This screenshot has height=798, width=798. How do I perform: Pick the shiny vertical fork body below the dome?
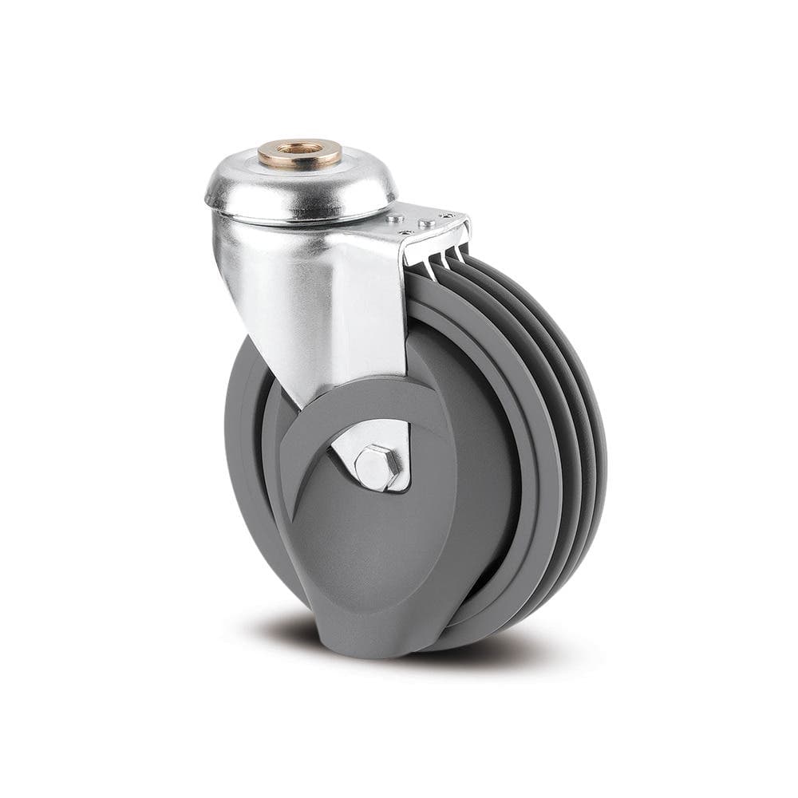click(319, 303)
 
